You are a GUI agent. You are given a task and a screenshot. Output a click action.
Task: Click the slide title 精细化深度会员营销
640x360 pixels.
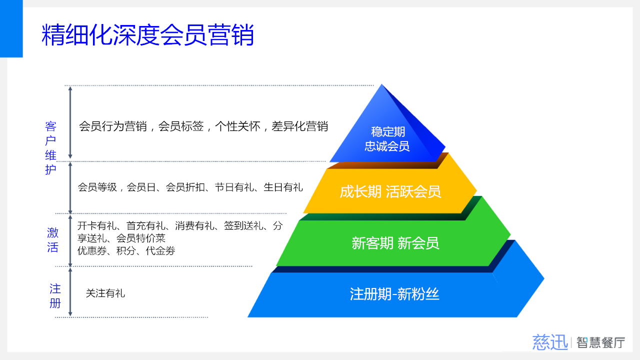(x=147, y=34)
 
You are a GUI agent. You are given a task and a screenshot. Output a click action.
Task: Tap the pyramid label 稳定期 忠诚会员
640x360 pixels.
(x=387, y=139)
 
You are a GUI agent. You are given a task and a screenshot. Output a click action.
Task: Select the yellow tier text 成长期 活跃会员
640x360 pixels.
(x=390, y=191)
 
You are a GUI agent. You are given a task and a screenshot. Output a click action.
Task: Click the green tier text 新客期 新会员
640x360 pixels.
(x=395, y=243)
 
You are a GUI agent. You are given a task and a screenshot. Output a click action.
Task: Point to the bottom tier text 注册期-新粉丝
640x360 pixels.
(x=394, y=294)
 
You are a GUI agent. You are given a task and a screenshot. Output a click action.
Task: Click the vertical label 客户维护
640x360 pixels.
(x=50, y=147)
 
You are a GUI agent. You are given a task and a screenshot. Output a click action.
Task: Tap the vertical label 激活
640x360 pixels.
(x=53, y=240)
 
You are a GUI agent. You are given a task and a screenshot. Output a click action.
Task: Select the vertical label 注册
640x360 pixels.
(x=55, y=296)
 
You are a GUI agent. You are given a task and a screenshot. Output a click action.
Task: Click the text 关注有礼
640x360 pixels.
(x=105, y=293)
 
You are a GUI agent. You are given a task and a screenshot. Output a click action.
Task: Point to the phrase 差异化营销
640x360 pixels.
(x=299, y=126)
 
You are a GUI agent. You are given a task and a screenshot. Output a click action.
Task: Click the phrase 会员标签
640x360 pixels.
(x=181, y=126)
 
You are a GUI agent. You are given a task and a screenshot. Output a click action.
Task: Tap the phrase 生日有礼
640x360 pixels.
(x=283, y=187)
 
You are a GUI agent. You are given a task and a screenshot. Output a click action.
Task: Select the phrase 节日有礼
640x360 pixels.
(x=234, y=187)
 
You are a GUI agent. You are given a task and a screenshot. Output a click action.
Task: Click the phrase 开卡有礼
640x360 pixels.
(x=97, y=226)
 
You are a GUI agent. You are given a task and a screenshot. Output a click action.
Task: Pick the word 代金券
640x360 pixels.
(x=160, y=251)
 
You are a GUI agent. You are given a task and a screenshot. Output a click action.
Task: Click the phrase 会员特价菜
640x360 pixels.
(x=141, y=238)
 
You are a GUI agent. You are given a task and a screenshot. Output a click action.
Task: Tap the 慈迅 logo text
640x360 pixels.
(x=550, y=342)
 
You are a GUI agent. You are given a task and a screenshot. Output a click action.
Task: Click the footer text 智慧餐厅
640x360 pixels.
(x=600, y=342)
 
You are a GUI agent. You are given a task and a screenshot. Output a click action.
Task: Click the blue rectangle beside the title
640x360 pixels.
(x=11, y=28)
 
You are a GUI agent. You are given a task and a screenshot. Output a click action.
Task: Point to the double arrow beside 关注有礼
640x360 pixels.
(x=70, y=292)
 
